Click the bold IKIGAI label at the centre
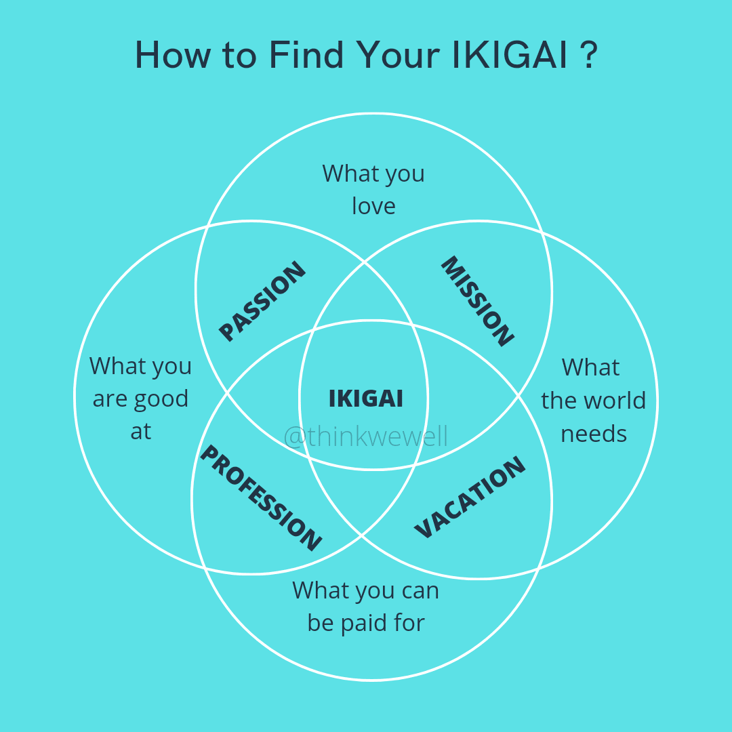[366, 399]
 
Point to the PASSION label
[262, 301]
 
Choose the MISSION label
[477, 301]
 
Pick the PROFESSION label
[260, 498]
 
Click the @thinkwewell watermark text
[366, 436]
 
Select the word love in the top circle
[373, 206]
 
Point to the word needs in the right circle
[594, 434]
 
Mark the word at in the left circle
[141, 432]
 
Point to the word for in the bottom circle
[409, 623]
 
